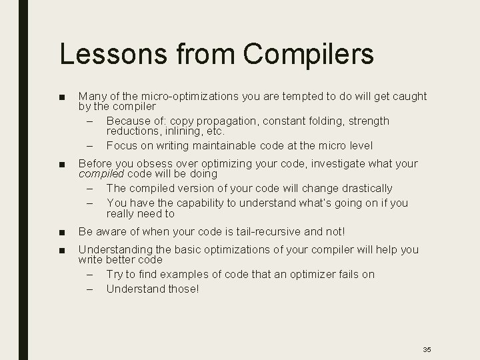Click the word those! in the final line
tap(183, 289)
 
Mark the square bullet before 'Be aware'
tap(62, 233)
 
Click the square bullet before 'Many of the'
tap(62, 97)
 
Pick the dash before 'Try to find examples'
tap(90, 275)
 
